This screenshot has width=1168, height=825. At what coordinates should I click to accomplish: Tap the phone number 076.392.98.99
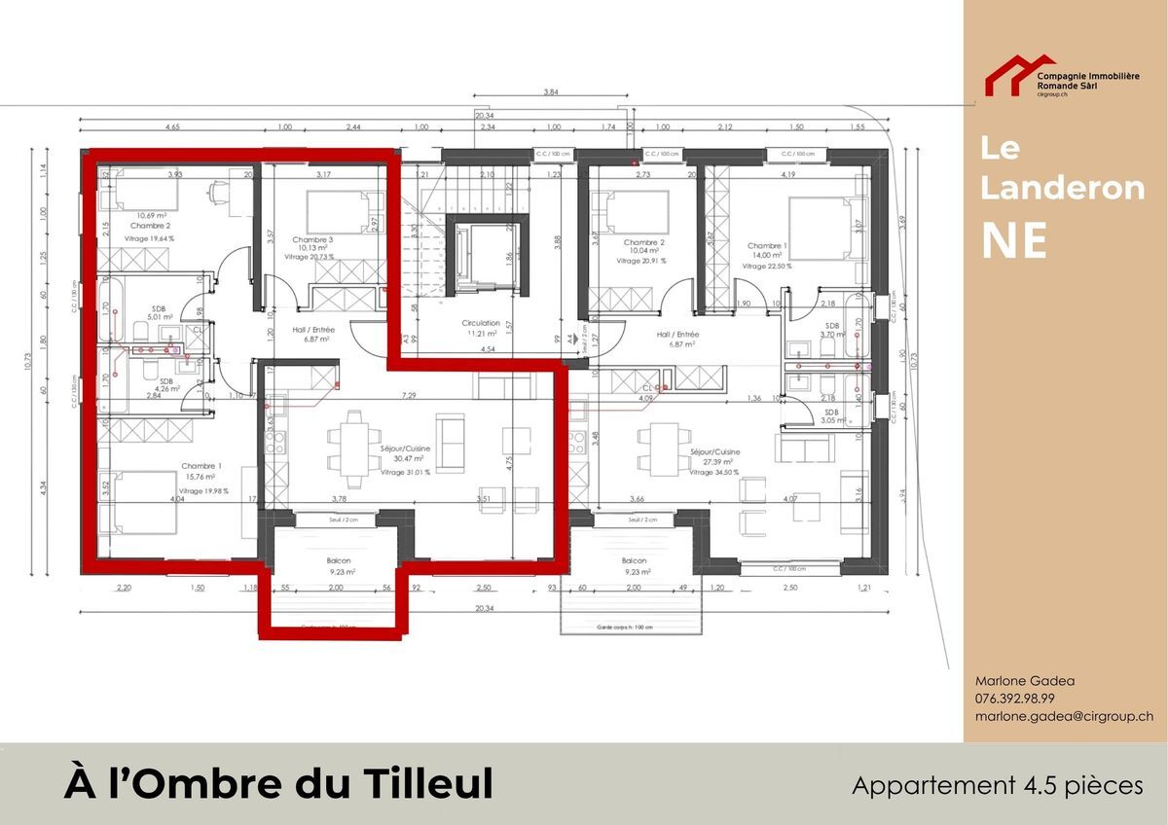pos(1015,699)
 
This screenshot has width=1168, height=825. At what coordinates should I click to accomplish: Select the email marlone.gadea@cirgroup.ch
pos(1064,715)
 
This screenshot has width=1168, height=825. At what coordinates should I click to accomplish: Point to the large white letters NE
pos(1013,240)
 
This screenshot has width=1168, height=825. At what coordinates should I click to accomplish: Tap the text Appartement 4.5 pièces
pos(998,785)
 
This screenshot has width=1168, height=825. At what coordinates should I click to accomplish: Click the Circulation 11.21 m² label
pos(481,328)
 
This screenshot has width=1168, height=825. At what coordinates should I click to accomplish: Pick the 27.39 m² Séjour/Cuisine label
pos(713,458)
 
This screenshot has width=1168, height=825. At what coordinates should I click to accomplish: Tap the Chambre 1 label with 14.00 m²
pos(766,252)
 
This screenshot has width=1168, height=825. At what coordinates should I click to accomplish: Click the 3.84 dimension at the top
pos(551,92)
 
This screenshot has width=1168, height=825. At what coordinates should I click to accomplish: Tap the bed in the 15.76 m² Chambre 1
pos(144,501)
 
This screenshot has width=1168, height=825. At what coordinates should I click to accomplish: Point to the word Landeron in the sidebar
pos(1062,189)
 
